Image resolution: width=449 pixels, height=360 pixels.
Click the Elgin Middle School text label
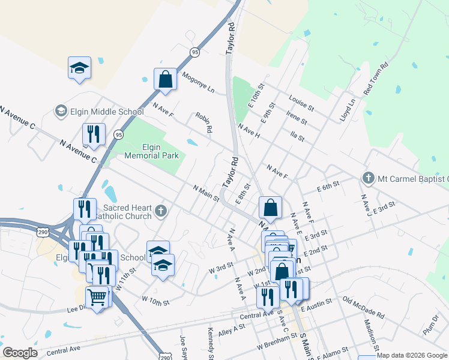106,112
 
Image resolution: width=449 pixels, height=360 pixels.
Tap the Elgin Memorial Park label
152,151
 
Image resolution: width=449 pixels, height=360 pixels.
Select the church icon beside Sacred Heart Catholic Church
160,211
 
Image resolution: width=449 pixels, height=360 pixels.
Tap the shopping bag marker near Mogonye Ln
164,79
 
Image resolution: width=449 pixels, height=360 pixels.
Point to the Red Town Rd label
376,79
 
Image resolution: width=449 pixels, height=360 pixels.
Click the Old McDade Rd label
363,307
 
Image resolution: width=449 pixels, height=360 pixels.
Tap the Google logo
20,353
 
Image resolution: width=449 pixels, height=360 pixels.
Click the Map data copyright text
412,355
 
